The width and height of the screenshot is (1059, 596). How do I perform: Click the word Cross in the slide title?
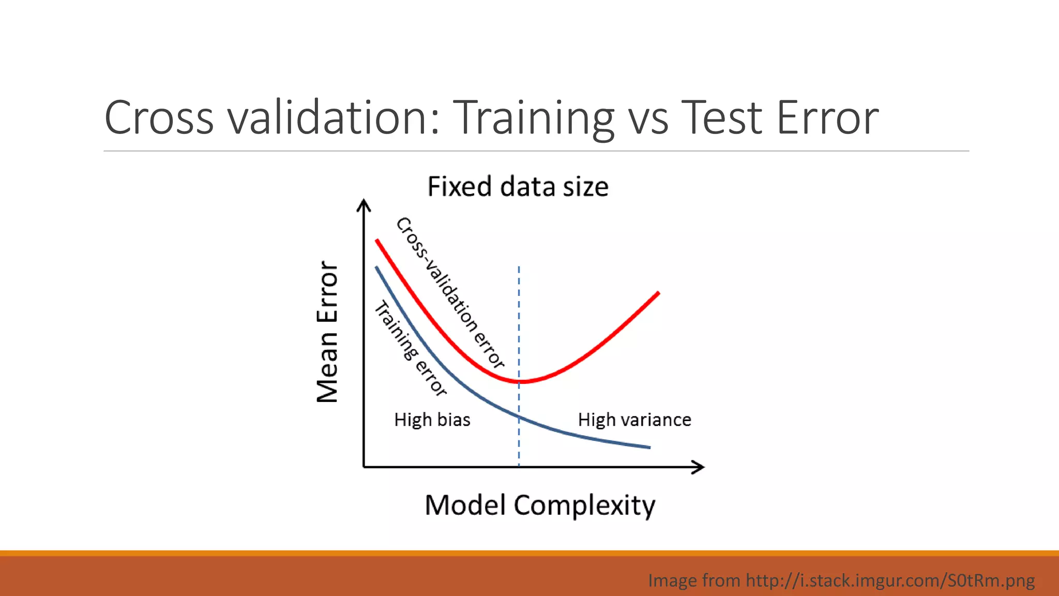(x=159, y=118)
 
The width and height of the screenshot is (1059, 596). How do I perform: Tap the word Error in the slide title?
(x=827, y=118)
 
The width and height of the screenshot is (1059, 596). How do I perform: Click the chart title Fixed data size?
(x=518, y=187)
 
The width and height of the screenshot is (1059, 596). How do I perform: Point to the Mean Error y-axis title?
(x=327, y=332)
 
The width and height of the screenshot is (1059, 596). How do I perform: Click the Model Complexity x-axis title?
(x=540, y=505)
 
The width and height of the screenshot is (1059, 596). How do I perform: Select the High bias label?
(x=432, y=420)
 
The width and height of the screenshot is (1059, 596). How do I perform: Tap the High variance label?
(x=634, y=420)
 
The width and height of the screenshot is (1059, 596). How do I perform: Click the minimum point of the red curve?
(x=521, y=382)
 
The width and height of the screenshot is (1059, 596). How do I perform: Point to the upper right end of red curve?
(x=658, y=293)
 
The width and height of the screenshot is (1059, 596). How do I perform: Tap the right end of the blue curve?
(x=649, y=447)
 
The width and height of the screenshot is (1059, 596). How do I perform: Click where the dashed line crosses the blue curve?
(x=519, y=416)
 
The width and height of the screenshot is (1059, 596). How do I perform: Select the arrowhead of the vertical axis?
(x=364, y=204)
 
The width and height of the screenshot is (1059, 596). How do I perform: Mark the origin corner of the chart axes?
(x=364, y=467)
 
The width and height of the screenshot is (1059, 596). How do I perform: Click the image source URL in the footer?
(x=890, y=580)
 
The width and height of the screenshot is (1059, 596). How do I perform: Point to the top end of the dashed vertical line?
(x=519, y=268)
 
